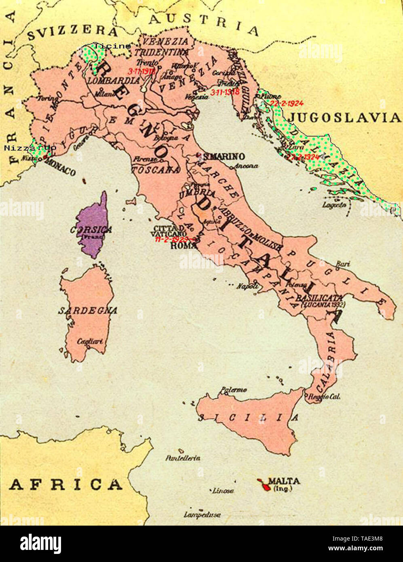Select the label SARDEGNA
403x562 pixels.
[88, 311]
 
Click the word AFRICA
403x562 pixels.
[65, 484]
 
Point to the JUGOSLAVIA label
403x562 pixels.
[344, 118]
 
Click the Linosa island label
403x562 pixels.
[223, 490]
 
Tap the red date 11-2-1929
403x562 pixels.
[171, 239]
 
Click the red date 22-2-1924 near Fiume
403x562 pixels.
[287, 104]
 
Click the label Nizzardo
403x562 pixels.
[30, 148]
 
